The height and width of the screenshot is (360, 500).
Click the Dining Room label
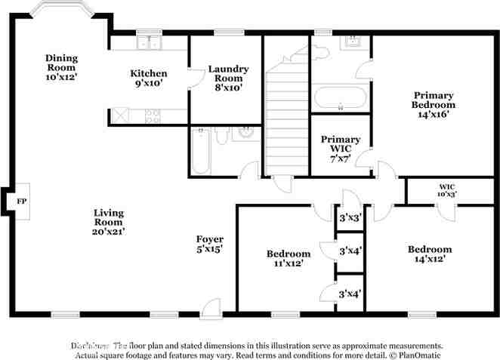[x=62, y=67]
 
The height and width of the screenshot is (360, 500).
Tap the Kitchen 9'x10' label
[x=149, y=78]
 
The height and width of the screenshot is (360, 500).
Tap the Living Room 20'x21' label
[x=109, y=222]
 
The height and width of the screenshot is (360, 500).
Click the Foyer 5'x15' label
[x=209, y=243]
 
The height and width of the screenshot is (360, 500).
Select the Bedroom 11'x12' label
[x=289, y=258]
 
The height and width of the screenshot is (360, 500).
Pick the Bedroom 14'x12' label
[x=430, y=254]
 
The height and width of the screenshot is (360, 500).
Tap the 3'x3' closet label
[x=350, y=217]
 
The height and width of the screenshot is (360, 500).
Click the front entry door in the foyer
[x=211, y=307]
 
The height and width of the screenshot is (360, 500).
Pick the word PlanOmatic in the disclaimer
[x=419, y=354]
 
